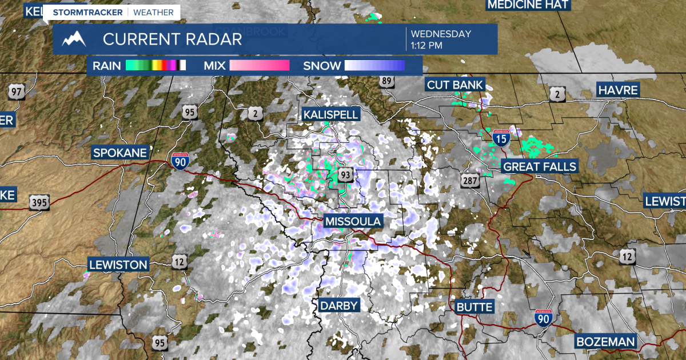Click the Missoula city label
tap(352, 222)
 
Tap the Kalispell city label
tap(331, 114)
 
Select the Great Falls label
tap(539, 167)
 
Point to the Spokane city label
tap(120, 153)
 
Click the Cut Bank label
tap(455, 85)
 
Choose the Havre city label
tap(617, 90)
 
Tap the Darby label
tap(338, 305)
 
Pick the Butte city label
tap(474, 307)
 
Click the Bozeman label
tap(605, 342)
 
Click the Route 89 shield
tap(387, 81)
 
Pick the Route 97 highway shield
tap(16, 91)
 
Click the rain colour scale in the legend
tap(155, 66)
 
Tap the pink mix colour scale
tap(260, 66)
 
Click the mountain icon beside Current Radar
tap(74, 39)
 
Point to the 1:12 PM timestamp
tap(426, 45)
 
